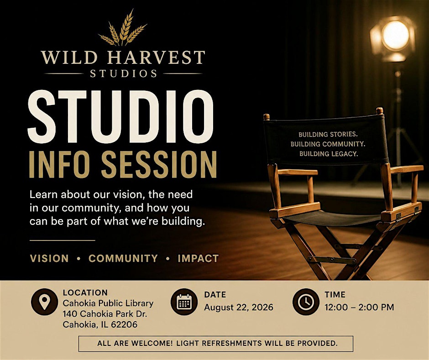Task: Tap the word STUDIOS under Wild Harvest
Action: click(124, 73)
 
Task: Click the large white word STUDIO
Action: click(120, 116)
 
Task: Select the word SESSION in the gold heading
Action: click(159, 164)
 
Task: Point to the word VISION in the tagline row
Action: click(49, 259)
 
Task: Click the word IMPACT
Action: click(199, 259)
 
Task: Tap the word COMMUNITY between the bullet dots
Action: click(123, 259)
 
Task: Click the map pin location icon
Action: click(44, 302)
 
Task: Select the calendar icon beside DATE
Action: click(184, 302)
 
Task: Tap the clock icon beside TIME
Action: click(306, 302)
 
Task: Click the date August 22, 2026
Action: click(239, 308)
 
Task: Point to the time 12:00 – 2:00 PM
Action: click(359, 307)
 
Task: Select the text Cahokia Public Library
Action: click(108, 303)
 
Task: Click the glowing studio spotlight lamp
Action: click(393, 38)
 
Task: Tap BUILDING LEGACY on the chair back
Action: click(329, 154)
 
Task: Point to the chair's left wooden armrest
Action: click(298, 172)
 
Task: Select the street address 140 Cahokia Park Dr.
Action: click(105, 314)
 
